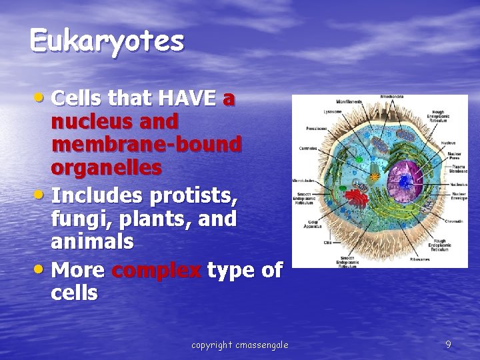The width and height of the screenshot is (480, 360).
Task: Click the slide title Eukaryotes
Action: pyautogui.click(x=107, y=41)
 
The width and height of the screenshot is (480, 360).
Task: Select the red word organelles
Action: pyautogui.click(x=106, y=167)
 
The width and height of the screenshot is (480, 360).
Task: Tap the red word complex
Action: pyautogui.click(x=157, y=270)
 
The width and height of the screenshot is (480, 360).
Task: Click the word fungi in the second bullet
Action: pyautogui.click(x=75, y=219)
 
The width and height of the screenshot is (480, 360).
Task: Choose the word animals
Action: pyautogui.click(x=92, y=241)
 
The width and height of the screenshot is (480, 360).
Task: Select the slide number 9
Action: pyautogui.click(x=448, y=344)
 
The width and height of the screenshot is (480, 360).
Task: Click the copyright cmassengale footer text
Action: pyautogui.click(x=239, y=345)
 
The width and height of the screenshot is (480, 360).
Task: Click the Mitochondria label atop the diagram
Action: pyautogui.click(x=391, y=97)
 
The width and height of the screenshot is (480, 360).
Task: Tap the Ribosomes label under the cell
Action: pyautogui.click(x=420, y=259)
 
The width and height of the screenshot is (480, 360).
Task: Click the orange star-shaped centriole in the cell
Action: pyautogui.click(x=375, y=177)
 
